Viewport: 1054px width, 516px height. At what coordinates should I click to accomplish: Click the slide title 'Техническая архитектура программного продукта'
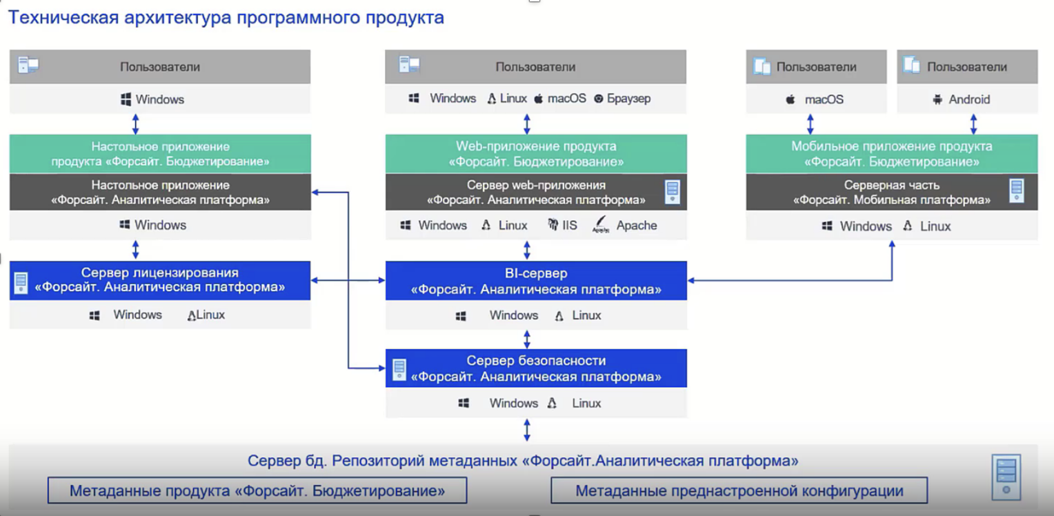226,17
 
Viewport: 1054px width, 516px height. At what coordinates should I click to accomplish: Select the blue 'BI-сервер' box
536,281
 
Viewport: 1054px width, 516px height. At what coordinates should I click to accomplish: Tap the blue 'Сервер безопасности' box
536,368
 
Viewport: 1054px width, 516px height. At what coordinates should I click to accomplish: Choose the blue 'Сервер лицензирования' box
160,281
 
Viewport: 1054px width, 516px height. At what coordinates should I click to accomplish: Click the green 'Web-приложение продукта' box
536,154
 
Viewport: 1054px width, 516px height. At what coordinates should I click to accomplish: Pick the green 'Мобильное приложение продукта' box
892,154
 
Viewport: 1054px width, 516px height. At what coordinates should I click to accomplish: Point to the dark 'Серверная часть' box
892,192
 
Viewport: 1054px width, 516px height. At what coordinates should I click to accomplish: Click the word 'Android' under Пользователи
969,100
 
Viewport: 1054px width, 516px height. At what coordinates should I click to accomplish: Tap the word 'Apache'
637,226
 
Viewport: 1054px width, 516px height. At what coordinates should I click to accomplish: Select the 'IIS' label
569,226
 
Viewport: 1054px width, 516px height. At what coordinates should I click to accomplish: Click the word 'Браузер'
628,99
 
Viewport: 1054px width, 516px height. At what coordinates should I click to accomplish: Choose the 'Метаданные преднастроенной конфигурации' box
739,490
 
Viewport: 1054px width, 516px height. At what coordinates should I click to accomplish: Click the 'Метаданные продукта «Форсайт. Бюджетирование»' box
257,490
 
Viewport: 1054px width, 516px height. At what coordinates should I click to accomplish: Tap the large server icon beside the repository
1006,477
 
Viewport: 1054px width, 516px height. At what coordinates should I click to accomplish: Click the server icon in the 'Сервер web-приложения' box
673,192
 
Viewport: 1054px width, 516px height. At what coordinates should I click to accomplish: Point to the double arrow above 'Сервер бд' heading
527,430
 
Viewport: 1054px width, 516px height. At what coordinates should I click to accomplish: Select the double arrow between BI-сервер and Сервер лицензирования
348,280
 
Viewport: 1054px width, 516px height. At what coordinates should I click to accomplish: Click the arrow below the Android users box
973,124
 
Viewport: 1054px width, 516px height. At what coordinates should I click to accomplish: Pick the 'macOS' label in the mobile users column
824,100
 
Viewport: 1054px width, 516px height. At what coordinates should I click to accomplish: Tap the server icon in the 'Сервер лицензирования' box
21,283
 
